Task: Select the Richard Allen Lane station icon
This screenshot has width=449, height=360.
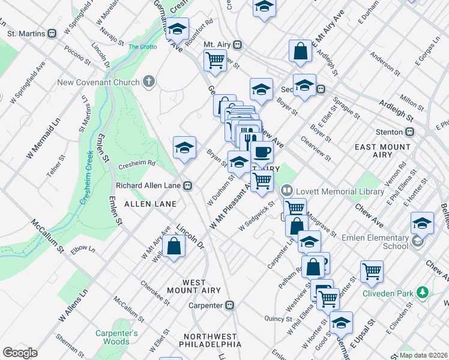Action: pos(188,186)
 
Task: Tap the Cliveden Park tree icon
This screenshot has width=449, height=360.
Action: pos(424,293)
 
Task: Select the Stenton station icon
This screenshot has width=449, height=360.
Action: pos(411,132)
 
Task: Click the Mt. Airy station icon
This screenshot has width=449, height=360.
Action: pos(238,45)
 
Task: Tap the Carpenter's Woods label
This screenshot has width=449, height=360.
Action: pos(116,337)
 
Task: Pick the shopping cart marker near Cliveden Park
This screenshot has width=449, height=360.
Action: pos(372,271)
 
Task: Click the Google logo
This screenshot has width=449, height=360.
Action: pos(20,353)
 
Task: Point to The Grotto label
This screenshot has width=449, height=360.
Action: pos(142,46)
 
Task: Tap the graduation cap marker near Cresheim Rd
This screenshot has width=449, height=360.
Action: pos(184,148)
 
